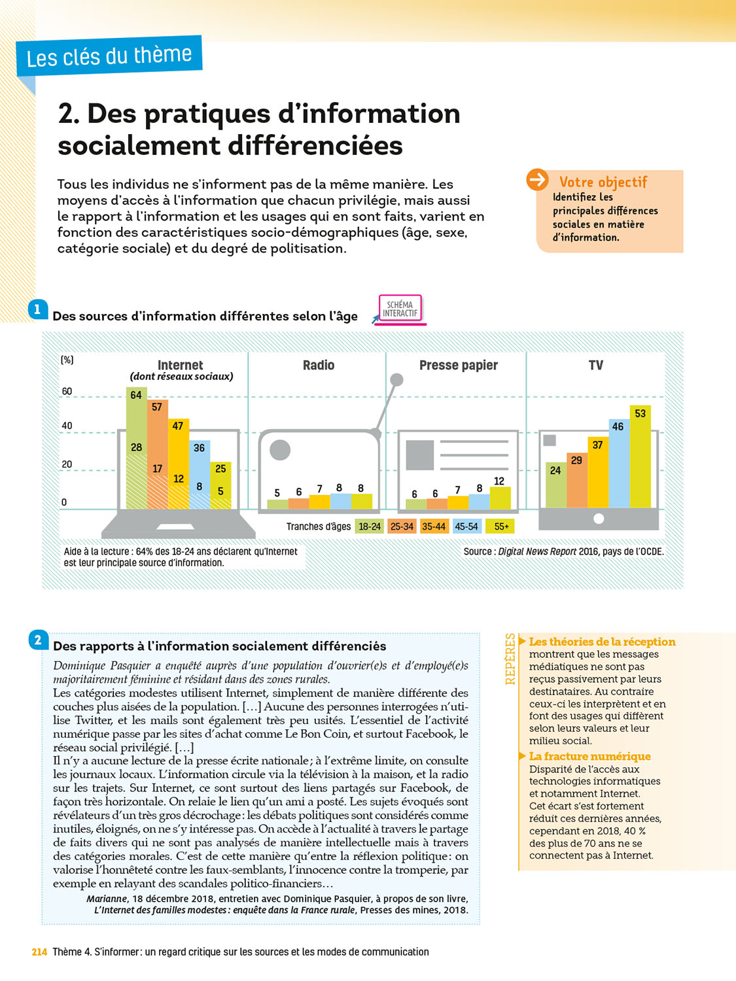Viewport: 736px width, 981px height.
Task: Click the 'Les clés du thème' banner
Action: point(109,56)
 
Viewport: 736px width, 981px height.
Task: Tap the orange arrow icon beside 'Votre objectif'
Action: point(537,179)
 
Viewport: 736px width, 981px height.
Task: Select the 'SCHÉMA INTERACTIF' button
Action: point(400,309)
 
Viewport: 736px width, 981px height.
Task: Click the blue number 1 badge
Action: point(38,309)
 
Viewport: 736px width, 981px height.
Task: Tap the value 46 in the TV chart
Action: point(618,426)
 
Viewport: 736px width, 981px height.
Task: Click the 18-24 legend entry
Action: point(370,526)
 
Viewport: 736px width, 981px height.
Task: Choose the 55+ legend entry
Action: point(501,526)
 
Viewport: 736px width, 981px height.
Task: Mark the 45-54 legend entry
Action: point(466,526)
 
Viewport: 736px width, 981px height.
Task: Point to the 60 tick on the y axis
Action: point(67,392)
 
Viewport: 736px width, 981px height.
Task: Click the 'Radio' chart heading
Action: point(319,366)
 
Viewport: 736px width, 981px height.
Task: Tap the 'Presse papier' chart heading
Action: point(458,366)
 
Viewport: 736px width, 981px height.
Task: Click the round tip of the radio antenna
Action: point(396,379)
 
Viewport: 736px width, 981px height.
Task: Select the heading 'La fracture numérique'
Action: point(589,757)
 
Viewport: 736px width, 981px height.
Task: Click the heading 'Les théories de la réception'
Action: point(602,642)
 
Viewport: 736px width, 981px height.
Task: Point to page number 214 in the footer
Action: point(39,952)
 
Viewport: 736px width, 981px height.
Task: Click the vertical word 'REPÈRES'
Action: point(510,659)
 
